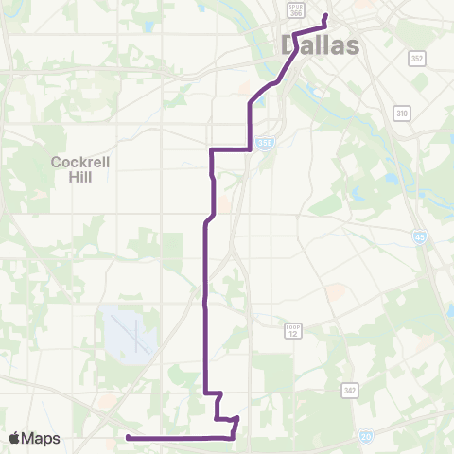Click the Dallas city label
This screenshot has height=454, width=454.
point(321,45)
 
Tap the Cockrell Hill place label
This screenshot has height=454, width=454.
point(80,169)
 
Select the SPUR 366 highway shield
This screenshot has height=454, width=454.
point(295,10)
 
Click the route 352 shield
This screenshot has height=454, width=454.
point(416,58)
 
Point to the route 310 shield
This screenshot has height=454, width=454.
point(401,113)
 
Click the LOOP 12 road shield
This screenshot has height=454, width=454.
point(292,329)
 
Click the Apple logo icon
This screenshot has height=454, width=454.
point(15,438)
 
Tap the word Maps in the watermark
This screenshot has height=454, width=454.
point(42,438)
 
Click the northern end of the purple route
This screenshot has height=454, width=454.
point(325,16)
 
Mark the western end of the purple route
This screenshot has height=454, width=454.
point(128,437)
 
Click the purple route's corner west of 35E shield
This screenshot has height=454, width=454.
point(210,149)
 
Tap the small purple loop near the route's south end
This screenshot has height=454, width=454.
point(234,420)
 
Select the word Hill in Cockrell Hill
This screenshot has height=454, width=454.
point(80,177)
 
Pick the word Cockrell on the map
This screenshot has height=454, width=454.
point(80,162)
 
